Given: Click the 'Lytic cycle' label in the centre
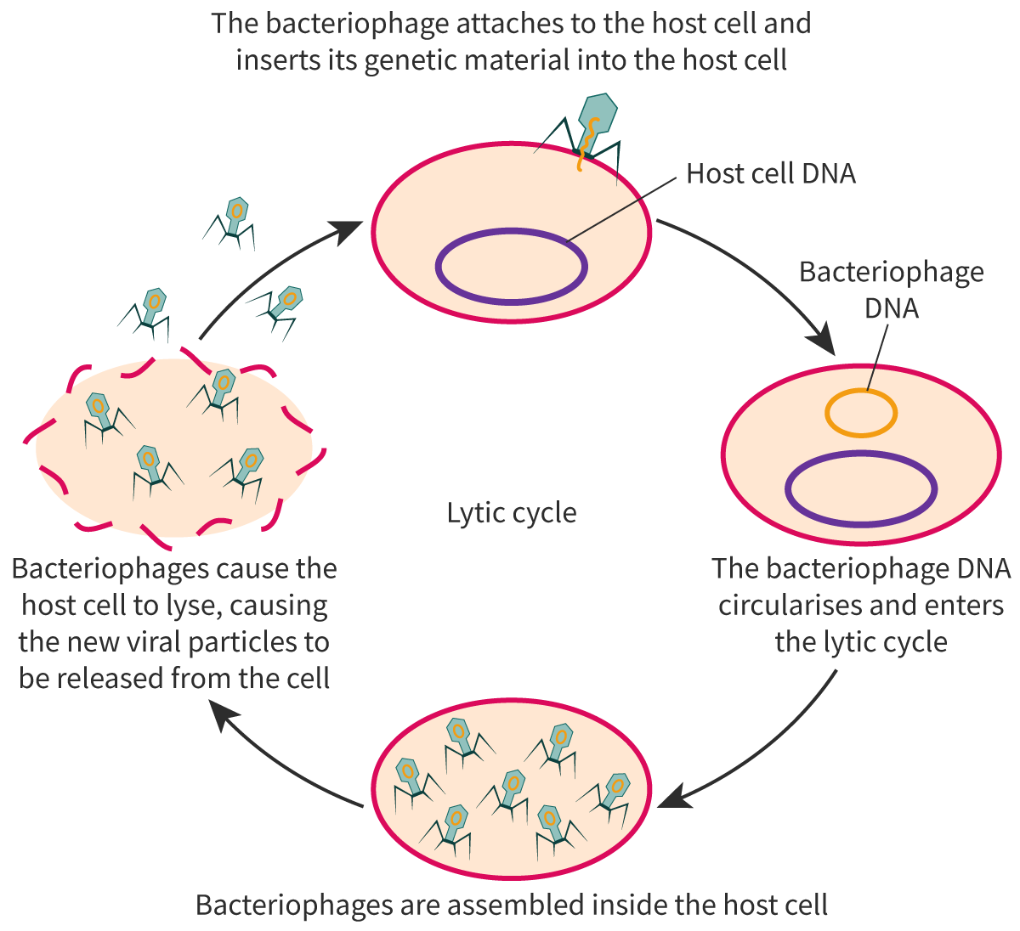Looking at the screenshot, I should [x=512, y=513].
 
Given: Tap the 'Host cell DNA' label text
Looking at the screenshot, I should [x=770, y=174].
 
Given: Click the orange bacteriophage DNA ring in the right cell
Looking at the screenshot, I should [x=860, y=414].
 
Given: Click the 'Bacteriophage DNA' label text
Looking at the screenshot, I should [x=892, y=289].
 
